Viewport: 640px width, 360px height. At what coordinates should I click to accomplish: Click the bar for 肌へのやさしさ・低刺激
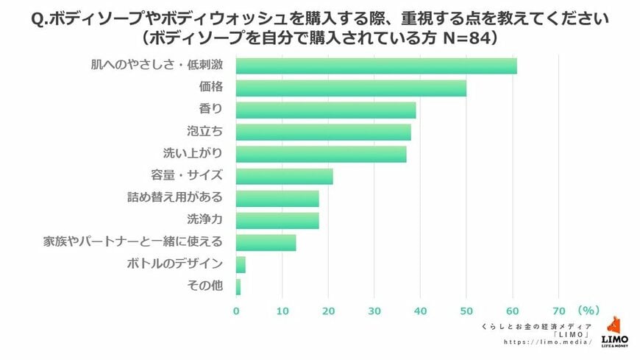pos(376,66)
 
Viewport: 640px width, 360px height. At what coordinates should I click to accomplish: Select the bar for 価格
pos(351,88)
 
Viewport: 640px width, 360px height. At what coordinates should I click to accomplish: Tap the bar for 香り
pos(326,110)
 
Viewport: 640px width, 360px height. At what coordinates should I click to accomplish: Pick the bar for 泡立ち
pos(323,132)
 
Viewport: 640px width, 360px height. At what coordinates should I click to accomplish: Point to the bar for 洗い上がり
pos(321,154)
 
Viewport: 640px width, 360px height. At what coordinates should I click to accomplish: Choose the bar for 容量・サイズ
pos(284,176)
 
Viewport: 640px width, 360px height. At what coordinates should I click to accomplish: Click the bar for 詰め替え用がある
pos(277,198)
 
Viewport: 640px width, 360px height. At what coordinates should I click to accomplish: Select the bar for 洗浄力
pos(277,220)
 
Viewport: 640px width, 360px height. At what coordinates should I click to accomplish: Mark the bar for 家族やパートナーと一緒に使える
pos(266,242)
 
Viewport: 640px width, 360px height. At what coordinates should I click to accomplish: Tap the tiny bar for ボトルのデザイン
pos(241,264)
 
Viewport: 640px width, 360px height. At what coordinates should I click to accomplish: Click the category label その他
pos(206,286)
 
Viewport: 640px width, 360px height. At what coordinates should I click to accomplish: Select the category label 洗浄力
pos(205,220)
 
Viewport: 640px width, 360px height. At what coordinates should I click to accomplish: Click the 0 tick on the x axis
pos(236,311)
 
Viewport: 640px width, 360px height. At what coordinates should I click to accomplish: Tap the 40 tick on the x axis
pos(420,311)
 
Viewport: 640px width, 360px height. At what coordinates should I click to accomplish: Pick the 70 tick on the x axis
pos(558,311)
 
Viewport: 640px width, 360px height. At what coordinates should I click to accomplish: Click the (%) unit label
pos(590,310)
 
